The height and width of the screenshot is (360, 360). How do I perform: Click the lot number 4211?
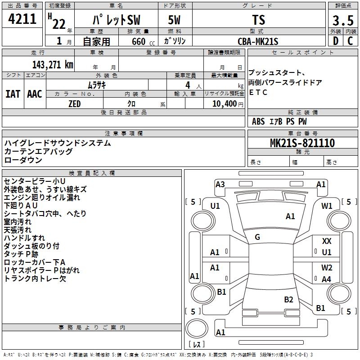pos(22,19)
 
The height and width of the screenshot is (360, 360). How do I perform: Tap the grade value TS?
pos(259,20)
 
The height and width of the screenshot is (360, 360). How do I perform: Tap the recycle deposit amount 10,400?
pos(223,104)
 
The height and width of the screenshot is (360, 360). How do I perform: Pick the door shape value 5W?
pos(175,20)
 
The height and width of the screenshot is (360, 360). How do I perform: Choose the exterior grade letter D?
pos(335,41)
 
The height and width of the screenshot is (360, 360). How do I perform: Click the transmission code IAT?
pos(13,94)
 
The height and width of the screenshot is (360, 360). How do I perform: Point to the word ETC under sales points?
pos(258,93)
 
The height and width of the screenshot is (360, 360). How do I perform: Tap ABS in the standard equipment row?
pos(258,121)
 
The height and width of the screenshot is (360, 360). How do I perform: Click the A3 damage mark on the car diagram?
pos(220,184)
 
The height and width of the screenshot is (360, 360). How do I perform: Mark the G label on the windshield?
pos(257,237)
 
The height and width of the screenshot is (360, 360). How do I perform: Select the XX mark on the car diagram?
pos(327,242)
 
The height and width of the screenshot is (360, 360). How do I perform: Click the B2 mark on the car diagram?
pos(288,299)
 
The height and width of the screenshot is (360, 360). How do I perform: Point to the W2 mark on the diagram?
pos(327,268)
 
